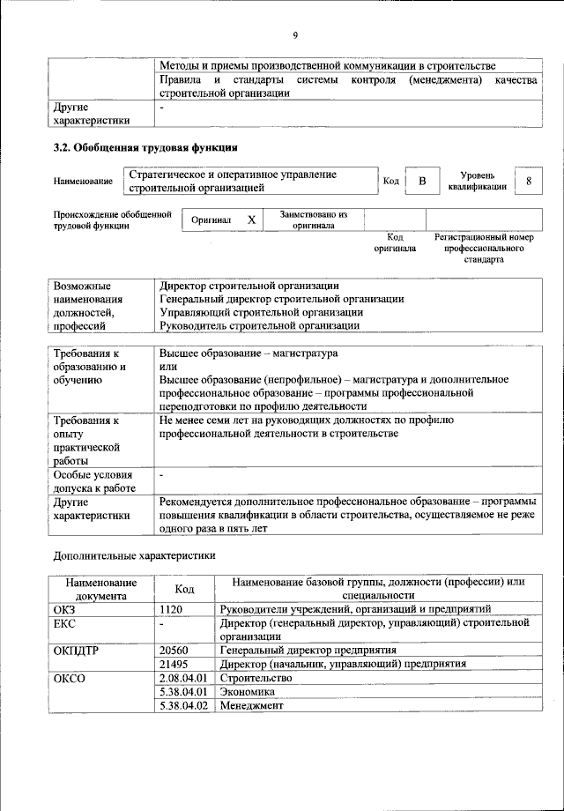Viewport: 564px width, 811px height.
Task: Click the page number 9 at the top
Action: [x=296, y=34]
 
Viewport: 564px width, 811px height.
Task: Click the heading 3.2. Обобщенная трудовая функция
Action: [x=145, y=146]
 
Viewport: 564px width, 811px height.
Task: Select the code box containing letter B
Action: [x=422, y=182]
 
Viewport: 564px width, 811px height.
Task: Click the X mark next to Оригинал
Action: [x=251, y=219]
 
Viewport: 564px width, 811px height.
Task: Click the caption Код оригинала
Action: [x=395, y=242]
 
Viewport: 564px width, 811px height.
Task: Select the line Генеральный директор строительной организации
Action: [x=282, y=299]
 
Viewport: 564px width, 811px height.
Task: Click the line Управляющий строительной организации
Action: [x=261, y=312]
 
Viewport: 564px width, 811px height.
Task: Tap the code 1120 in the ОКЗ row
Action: [x=172, y=608]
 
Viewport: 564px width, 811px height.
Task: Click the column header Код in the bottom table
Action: [x=184, y=589]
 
